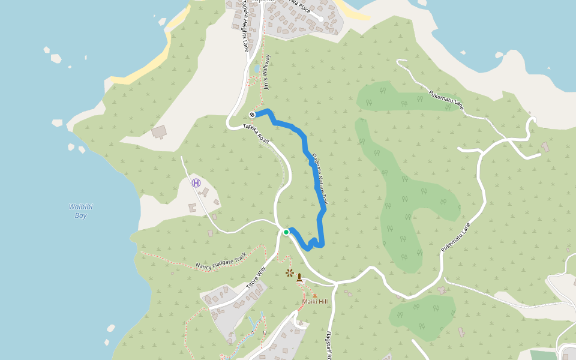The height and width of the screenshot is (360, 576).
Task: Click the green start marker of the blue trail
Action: coord(286,232)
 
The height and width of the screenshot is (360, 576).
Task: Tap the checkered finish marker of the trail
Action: coord(253,114)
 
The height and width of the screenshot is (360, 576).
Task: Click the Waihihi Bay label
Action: coord(80,211)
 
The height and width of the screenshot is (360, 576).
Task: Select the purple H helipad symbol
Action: coord(196,183)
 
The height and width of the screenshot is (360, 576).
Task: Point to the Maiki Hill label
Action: coord(314,301)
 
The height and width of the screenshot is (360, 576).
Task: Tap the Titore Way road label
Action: coord(256,277)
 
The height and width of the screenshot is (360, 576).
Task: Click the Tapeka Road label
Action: coord(256,133)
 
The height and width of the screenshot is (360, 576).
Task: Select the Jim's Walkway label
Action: coord(266,72)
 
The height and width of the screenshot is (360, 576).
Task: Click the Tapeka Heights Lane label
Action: coord(245,27)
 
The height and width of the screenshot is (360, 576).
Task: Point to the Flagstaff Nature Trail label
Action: coord(318,179)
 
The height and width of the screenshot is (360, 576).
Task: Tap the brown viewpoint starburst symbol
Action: coord(290,274)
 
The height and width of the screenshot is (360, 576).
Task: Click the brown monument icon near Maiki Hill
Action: coord(299,277)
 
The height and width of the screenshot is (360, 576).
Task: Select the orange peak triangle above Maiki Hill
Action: coord(314,295)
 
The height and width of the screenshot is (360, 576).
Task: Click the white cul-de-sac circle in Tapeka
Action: coord(321,19)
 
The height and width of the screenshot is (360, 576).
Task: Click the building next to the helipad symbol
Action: coord(205,193)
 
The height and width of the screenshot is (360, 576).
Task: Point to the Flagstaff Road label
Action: coord(329,344)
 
